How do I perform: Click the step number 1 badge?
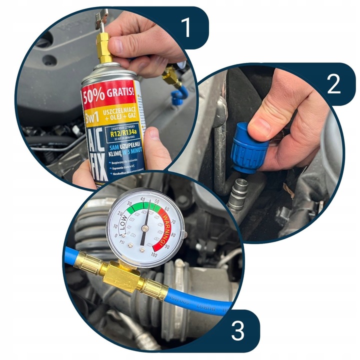click(185, 28)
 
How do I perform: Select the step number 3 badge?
click(238, 330)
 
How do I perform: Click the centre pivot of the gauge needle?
click(144, 228)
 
